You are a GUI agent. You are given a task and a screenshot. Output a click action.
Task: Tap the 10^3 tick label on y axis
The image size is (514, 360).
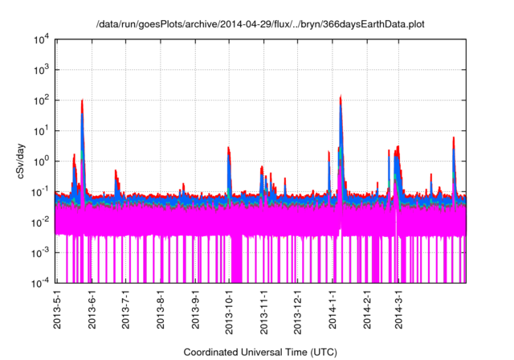(x=41, y=70)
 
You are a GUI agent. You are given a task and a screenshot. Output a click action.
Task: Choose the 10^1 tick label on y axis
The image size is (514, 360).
(x=41, y=130)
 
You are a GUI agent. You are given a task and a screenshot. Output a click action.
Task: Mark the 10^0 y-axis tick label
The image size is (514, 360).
(x=41, y=161)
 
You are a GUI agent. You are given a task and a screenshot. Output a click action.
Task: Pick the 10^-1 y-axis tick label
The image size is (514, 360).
(x=40, y=191)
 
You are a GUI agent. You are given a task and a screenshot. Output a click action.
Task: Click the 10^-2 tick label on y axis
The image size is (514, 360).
(x=40, y=222)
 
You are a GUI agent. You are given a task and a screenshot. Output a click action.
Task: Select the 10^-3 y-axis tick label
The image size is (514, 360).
(x=40, y=252)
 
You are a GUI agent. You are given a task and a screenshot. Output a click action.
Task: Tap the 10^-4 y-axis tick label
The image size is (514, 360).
(x=40, y=282)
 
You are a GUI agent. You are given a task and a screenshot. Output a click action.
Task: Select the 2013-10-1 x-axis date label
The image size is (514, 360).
(x=229, y=309)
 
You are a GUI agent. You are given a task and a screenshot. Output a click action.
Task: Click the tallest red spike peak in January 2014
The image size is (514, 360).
(x=341, y=96)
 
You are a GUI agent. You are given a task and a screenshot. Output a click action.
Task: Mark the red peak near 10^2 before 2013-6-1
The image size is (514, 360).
(x=83, y=100)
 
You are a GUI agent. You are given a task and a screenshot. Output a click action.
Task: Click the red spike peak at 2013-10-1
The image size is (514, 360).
(x=229, y=148)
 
